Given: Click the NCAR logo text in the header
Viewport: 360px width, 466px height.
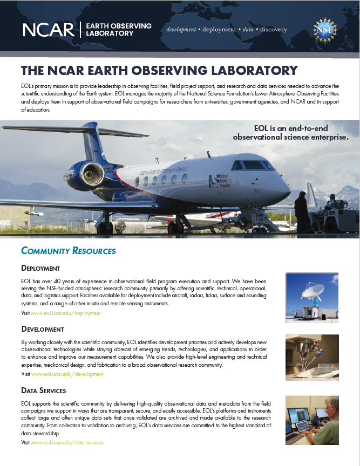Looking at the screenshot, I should [49, 30].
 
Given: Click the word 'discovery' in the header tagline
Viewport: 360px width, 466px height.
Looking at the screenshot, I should [273, 30].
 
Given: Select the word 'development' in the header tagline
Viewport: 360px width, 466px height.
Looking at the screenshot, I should [181, 30].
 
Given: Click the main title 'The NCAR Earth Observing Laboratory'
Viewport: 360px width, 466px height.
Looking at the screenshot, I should [159, 71].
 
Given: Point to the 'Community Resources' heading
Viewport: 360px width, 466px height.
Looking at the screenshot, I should [68, 251].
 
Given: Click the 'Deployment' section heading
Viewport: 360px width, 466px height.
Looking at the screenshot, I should [40, 268].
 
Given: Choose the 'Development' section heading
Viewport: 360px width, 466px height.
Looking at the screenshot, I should [43, 329].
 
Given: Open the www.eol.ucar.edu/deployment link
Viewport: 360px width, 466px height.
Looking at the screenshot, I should [66, 313].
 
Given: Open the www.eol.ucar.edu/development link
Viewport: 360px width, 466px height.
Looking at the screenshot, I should [67, 374].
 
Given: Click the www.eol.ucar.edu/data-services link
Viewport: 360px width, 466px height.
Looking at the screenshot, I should [67, 443].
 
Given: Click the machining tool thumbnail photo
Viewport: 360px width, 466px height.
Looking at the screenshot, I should [312, 357].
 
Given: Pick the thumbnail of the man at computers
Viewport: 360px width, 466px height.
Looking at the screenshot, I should [312, 419].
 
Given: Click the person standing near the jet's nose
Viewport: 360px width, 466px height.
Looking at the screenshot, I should [301, 211].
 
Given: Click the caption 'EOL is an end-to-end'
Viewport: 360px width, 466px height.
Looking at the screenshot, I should [291, 128].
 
